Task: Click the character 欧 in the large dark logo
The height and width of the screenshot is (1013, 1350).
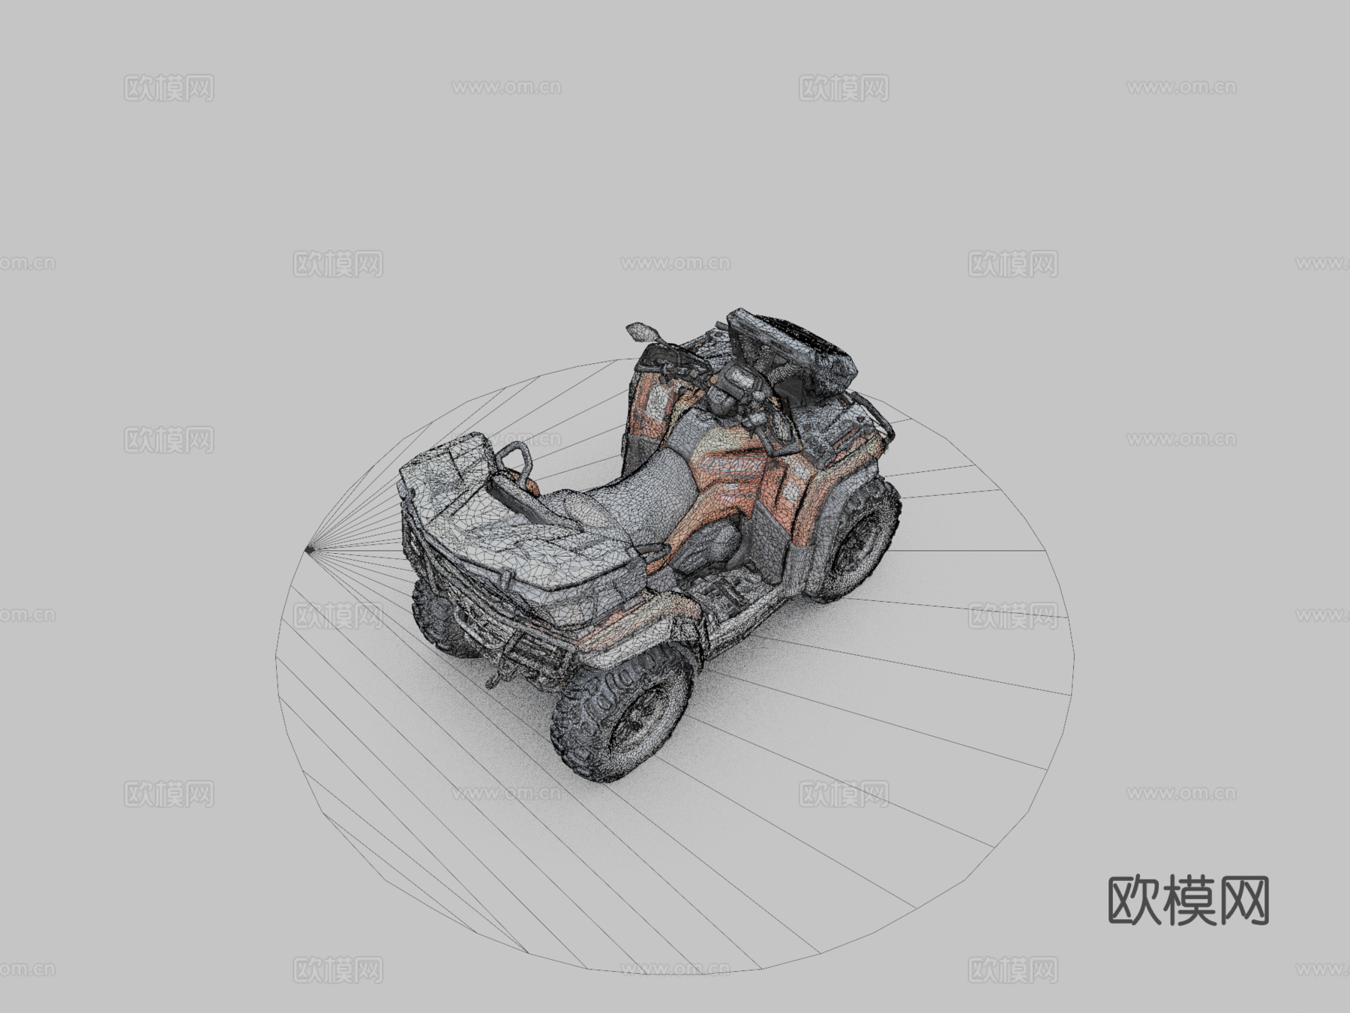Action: click(1134, 900)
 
